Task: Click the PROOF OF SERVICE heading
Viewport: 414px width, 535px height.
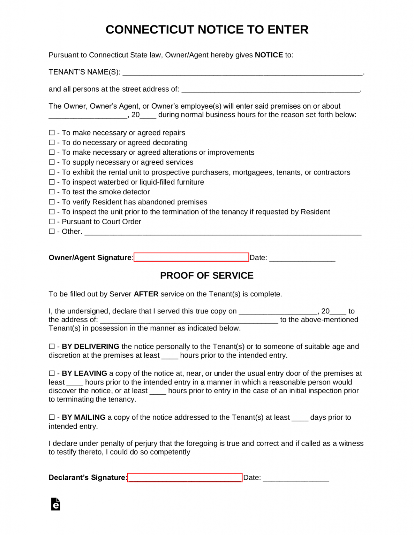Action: pos(206,276)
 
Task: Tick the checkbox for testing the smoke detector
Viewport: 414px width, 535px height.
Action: pos(52,192)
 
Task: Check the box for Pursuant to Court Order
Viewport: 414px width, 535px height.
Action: pos(52,222)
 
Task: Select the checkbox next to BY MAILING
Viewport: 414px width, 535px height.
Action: pos(52,417)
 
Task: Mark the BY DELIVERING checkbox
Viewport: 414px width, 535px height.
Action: pos(52,347)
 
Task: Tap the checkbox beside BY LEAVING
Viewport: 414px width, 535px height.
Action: pos(52,373)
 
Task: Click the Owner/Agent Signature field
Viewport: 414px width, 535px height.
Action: pos(191,257)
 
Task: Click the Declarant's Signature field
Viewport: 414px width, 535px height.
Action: pos(185,477)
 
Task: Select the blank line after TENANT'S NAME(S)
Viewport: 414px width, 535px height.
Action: pos(242,72)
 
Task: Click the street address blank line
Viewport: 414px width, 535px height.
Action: pos(271,90)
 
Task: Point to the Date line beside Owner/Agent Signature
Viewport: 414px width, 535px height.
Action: pos(302,258)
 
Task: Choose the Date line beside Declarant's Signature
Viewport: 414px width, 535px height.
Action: pos(296,478)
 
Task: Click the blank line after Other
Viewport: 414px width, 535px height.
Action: pos(223,232)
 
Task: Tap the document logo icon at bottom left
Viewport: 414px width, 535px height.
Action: pos(56,504)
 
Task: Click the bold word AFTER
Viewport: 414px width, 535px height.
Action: pos(146,294)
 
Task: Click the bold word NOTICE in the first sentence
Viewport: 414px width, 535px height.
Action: pos(269,55)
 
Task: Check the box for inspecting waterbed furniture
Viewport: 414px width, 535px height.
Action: pos(52,182)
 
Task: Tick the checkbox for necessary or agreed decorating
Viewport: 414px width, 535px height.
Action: pos(52,142)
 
